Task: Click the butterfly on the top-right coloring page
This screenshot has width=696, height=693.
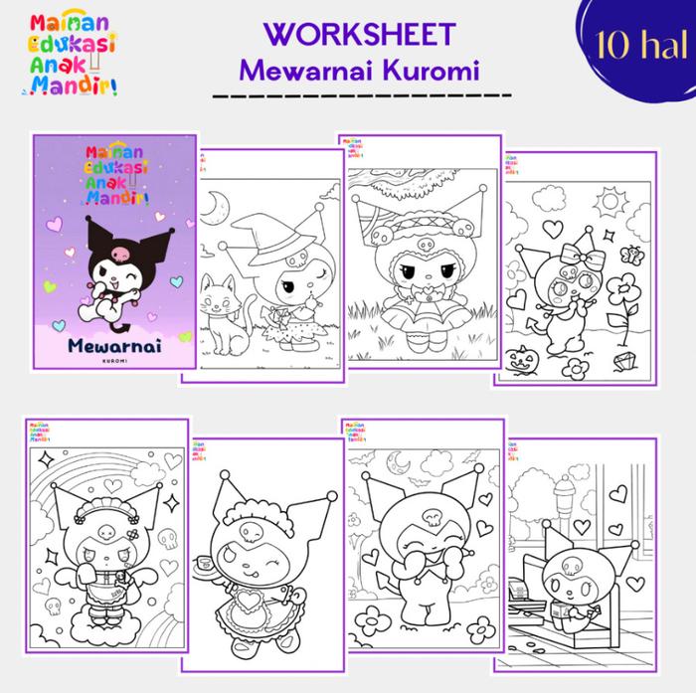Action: click(x=629, y=253)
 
